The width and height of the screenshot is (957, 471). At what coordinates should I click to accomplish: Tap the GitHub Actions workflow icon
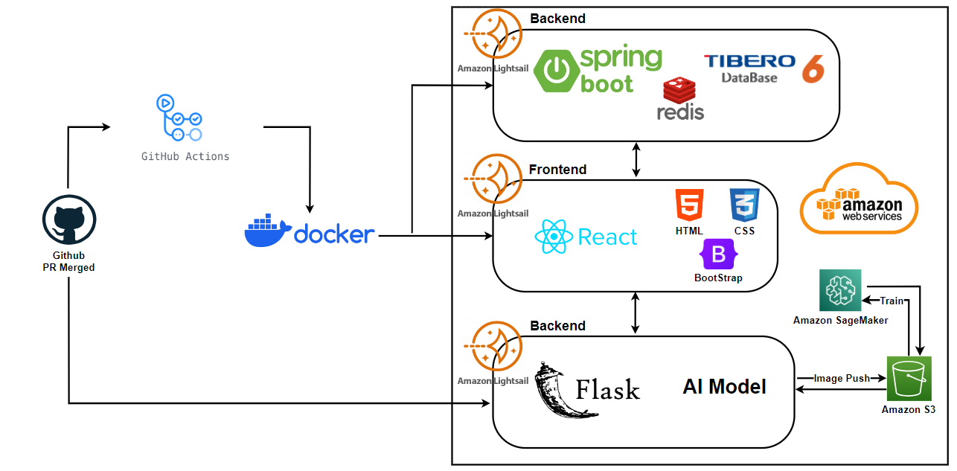(179, 117)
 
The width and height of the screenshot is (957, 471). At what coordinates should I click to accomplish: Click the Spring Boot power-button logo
(556, 70)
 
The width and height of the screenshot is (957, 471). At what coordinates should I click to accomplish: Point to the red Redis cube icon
(679, 91)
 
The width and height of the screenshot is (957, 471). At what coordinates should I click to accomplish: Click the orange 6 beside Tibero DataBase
(813, 69)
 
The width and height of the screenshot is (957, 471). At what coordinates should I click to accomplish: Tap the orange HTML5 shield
(689, 204)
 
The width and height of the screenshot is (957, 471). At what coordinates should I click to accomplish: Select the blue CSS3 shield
(744, 204)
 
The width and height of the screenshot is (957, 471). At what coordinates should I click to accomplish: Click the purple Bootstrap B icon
(718, 254)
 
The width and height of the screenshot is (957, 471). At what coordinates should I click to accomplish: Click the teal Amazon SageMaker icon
(840, 290)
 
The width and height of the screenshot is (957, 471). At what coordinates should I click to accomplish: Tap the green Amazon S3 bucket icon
(909, 379)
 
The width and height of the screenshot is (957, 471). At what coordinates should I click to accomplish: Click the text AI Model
(724, 386)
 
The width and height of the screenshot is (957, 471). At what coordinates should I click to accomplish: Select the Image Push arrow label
(842, 378)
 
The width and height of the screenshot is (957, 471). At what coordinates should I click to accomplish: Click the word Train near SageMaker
(892, 301)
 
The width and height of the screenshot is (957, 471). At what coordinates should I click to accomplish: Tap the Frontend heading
(557, 170)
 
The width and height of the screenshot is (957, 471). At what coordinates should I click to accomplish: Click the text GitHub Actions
(185, 156)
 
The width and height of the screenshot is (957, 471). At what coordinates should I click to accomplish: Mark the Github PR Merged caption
(68, 261)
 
